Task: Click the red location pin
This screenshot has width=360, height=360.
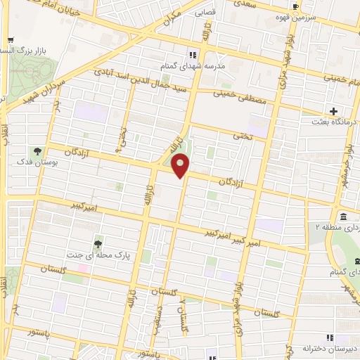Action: click(181, 166)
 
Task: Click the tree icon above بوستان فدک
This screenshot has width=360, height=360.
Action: click(36, 151)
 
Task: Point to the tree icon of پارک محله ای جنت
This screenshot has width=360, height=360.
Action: click(97, 243)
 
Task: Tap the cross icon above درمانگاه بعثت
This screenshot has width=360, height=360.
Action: click(334, 111)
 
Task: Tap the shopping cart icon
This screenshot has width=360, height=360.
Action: click(8, 40)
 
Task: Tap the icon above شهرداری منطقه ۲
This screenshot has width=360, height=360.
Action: click(342, 216)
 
